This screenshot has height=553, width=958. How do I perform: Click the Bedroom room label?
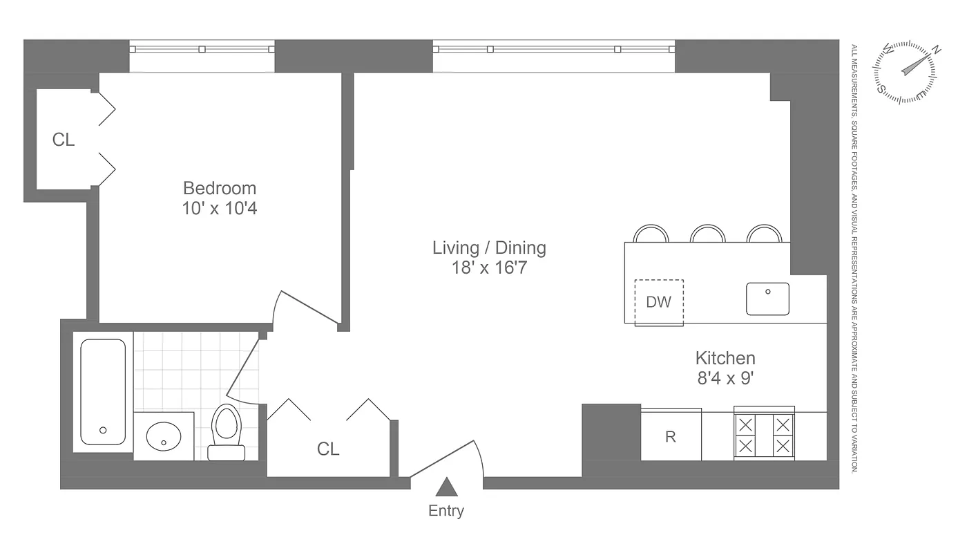(219, 188)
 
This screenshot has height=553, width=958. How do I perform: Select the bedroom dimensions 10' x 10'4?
(219, 208)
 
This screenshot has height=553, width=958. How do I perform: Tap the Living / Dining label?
(489, 247)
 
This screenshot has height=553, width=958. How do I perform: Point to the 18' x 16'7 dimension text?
(489, 268)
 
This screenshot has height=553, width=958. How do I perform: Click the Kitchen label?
(725, 358)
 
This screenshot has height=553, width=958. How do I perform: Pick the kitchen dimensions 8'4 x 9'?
(725, 378)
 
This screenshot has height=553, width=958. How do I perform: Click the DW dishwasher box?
(658, 302)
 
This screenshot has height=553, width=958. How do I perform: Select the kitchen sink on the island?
(767, 299)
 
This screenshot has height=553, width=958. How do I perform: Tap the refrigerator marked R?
(671, 436)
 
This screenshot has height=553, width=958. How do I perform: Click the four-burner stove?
(764, 435)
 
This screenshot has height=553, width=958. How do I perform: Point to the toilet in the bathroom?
(227, 431)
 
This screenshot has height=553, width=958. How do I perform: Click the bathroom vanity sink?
(164, 436)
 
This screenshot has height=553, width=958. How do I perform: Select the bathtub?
(103, 391)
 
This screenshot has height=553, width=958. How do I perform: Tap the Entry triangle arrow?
(447, 488)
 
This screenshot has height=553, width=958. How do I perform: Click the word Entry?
(446, 511)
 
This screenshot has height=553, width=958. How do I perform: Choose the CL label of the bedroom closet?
(64, 140)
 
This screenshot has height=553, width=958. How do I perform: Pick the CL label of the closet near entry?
(328, 449)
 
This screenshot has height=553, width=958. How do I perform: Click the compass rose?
(906, 72)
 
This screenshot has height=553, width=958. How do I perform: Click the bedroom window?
(202, 49)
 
